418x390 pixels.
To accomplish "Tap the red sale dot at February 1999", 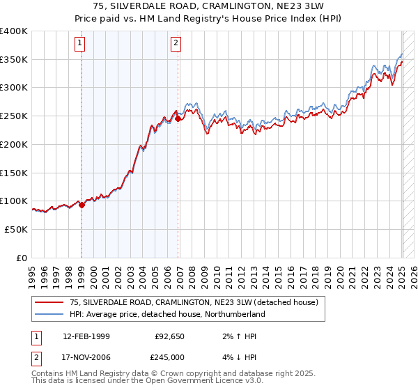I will (82, 205).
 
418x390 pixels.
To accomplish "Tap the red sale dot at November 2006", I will (178, 119).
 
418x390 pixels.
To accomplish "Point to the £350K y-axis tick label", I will (15, 60).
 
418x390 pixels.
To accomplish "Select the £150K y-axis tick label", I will (15, 173).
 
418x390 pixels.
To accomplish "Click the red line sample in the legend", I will (49, 302).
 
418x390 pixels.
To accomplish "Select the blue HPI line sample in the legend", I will (49, 314).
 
